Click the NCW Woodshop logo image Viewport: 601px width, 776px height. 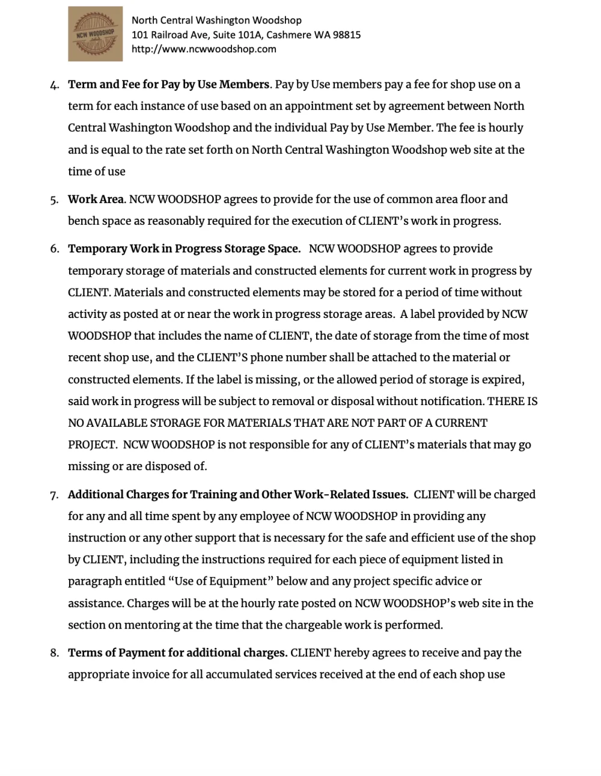[x=95, y=34]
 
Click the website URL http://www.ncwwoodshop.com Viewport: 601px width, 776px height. [x=204, y=49]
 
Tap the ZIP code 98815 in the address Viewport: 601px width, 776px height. [x=346, y=35]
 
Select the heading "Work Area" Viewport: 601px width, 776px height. [x=96, y=199]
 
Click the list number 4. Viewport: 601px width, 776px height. [x=54, y=85]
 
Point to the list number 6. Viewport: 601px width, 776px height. [x=54, y=249]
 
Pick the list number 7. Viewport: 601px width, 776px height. [x=54, y=495]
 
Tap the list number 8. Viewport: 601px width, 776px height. [x=54, y=653]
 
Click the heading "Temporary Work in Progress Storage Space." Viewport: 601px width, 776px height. [x=184, y=249]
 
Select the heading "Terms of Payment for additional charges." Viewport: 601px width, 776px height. [x=177, y=653]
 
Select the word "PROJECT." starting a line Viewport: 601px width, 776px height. [x=93, y=445]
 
